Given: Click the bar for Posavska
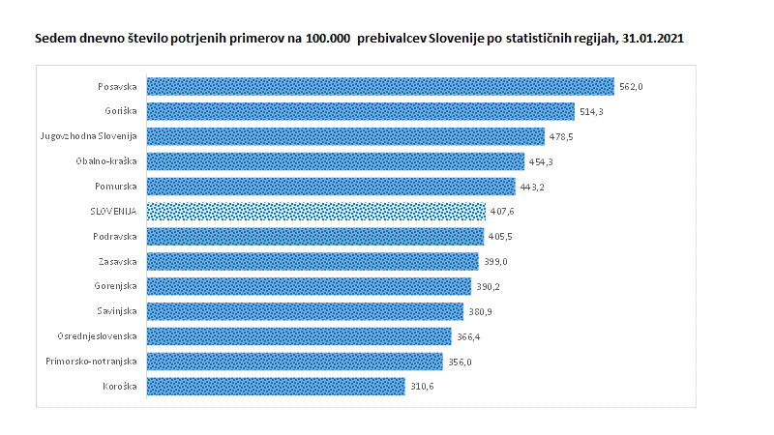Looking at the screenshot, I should click(x=379, y=87).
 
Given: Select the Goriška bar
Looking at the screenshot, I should click(x=360, y=112).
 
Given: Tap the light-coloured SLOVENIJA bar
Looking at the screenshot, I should click(x=315, y=211).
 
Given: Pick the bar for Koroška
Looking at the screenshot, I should click(x=276, y=387).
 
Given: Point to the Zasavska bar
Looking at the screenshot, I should click(x=312, y=261).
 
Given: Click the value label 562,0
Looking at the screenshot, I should click(x=631, y=87).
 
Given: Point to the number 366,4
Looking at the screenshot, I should click(x=469, y=336).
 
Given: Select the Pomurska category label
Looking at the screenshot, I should click(x=116, y=187).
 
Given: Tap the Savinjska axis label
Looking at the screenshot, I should click(x=118, y=311).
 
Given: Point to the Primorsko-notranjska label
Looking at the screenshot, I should click(x=92, y=362).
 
